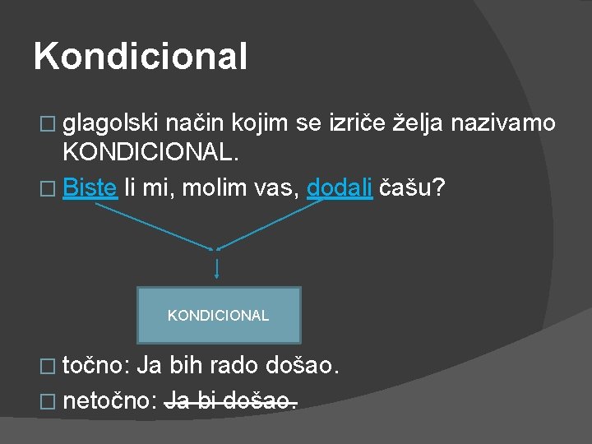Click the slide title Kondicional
click(x=141, y=57)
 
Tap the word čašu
click(x=415, y=187)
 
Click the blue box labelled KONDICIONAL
click(x=219, y=315)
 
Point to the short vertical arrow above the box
click(x=216, y=269)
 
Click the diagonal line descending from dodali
click(x=271, y=224)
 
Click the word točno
click(x=95, y=365)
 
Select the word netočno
click(x=109, y=401)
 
